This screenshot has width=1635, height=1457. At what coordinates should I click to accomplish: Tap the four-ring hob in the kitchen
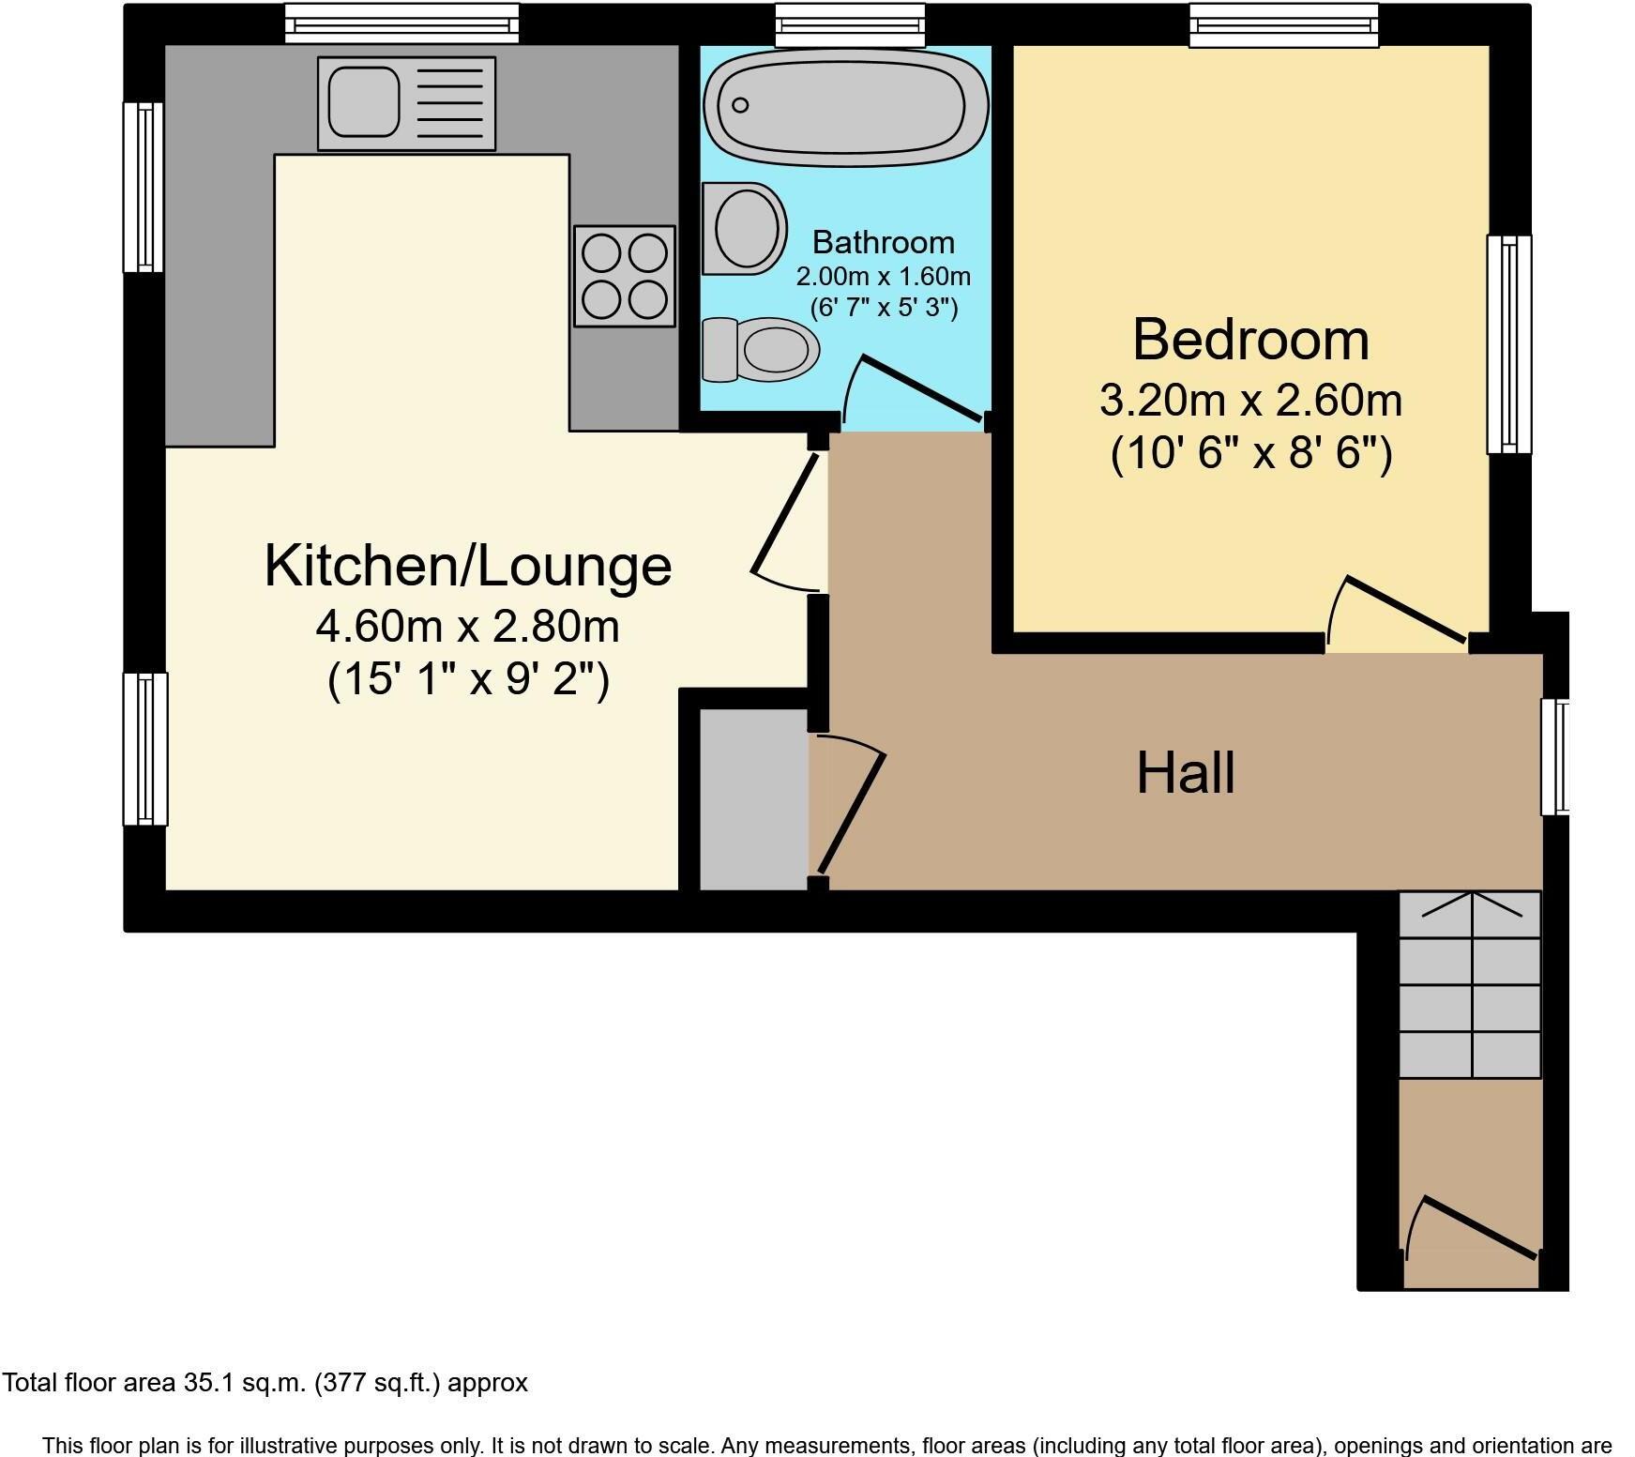pyautogui.click(x=624, y=276)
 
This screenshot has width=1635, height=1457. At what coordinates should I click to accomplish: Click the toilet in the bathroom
pyautogui.click(x=762, y=350)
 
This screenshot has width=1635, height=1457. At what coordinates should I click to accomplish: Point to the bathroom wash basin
pyautogui.click(x=745, y=229)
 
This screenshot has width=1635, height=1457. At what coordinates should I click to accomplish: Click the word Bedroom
pyautogui.click(x=1250, y=340)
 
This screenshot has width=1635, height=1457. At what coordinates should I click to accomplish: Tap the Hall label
pyautogui.click(x=1185, y=773)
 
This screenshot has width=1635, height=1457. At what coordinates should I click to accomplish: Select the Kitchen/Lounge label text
pyautogui.click(x=467, y=566)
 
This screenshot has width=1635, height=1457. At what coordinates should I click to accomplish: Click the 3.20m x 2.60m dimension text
pyautogui.click(x=1250, y=402)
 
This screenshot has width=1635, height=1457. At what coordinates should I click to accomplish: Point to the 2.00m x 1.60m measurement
pyautogui.click(x=883, y=277)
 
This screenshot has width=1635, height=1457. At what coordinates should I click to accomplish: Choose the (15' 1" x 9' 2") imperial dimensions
pyautogui.click(x=467, y=679)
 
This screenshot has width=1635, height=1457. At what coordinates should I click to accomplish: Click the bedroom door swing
pyautogui.click(x=1401, y=614)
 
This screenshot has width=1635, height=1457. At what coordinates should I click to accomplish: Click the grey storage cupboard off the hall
pyautogui.click(x=753, y=799)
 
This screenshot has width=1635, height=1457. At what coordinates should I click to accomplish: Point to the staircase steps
pyautogui.click(x=1469, y=985)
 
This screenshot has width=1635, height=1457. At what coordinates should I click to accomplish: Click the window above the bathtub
pyautogui.click(x=850, y=24)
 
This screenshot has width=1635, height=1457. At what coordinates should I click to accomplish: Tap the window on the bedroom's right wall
pyautogui.click(x=1508, y=343)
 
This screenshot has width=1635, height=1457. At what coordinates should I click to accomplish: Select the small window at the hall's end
pyautogui.click(x=1556, y=756)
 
